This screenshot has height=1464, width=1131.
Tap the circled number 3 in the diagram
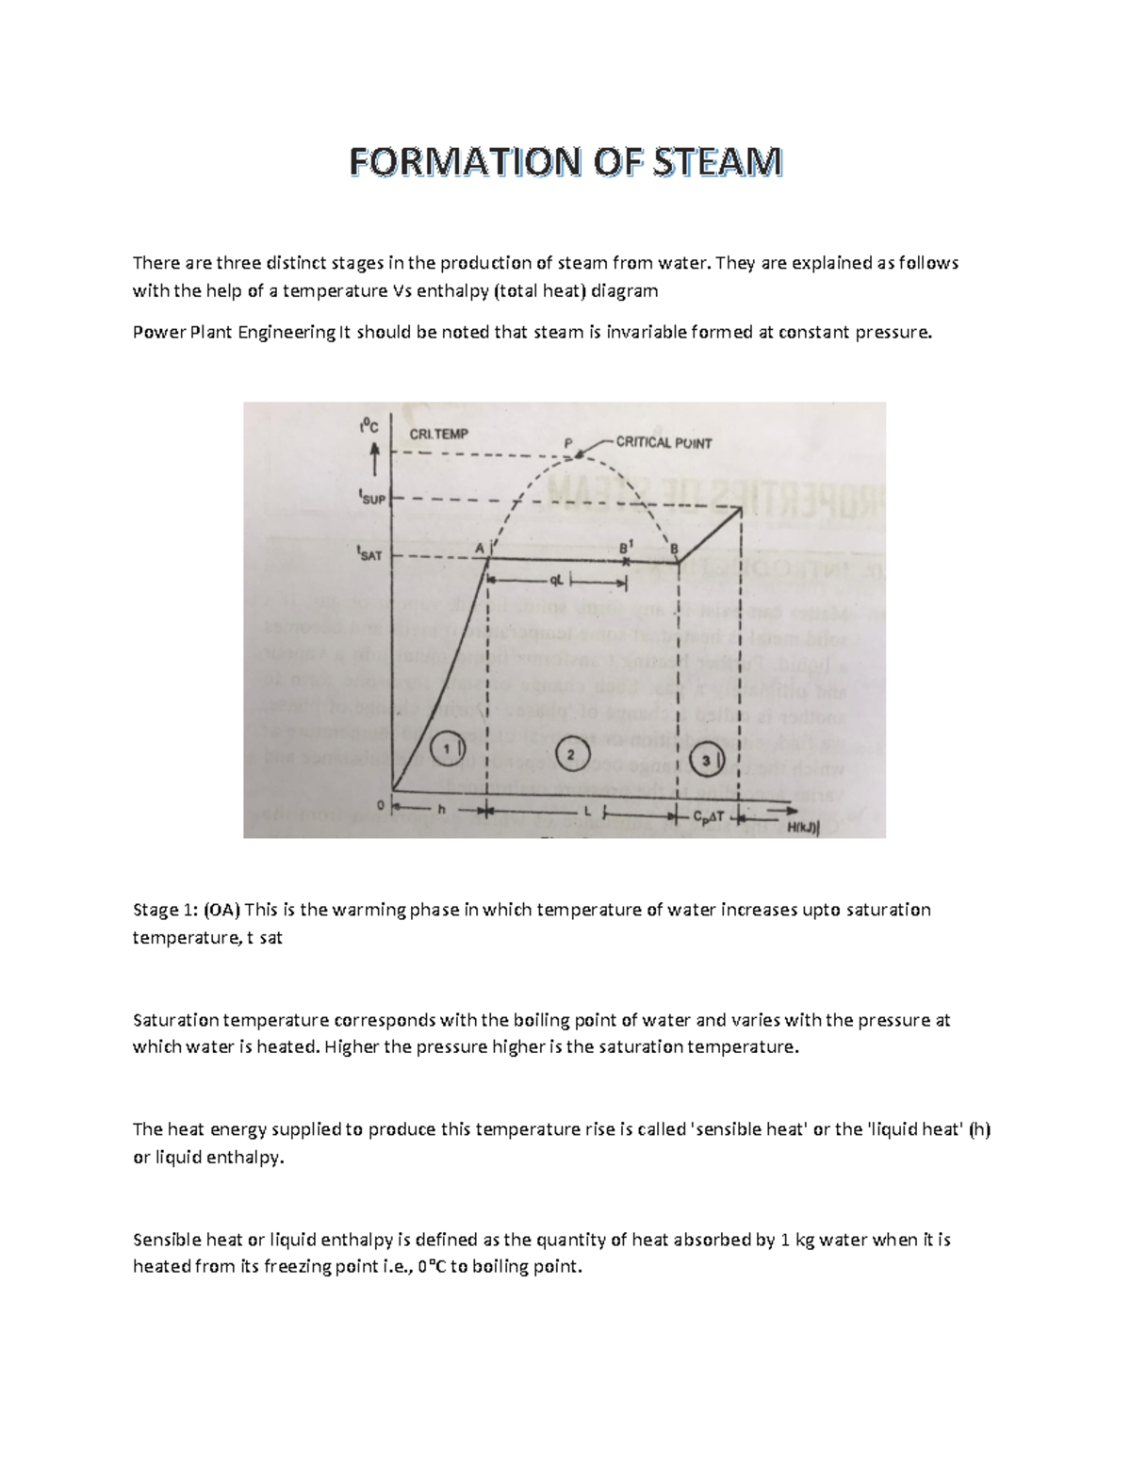[707, 760]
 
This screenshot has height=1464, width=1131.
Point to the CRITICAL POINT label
[664, 442]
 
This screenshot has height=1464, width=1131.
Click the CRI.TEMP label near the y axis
[438, 434]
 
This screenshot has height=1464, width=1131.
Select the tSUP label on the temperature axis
[371, 497]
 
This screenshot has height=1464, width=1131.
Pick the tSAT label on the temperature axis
[369, 554]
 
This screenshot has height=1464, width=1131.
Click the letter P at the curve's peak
[568, 443]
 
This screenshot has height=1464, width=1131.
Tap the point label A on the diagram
[478, 548]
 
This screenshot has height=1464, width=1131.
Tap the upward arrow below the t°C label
[375, 462]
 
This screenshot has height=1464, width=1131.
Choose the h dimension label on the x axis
[440, 809]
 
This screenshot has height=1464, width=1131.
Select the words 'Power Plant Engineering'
[233, 332]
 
